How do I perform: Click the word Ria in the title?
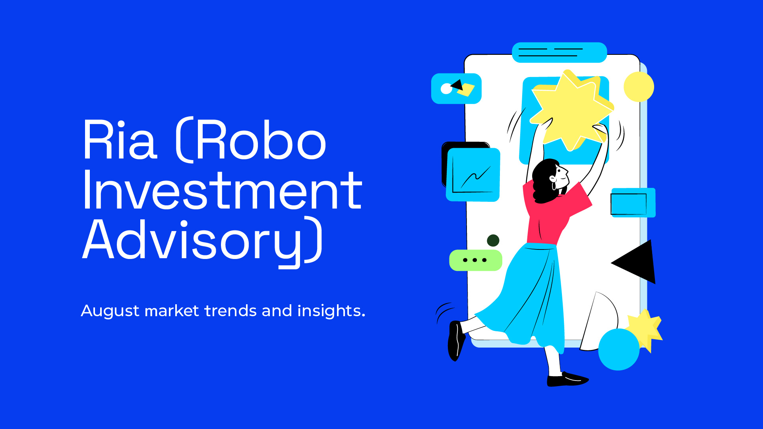(120, 139)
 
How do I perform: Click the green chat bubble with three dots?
(476, 260)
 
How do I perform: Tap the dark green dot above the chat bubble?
(493, 240)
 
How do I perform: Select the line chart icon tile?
(473, 174)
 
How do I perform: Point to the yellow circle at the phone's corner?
(639, 87)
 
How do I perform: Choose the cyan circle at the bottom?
(619, 350)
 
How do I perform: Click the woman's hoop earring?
(554, 186)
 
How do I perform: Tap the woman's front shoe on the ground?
(567, 379)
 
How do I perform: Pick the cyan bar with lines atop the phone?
(559, 52)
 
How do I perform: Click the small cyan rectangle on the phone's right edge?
(633, 203)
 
